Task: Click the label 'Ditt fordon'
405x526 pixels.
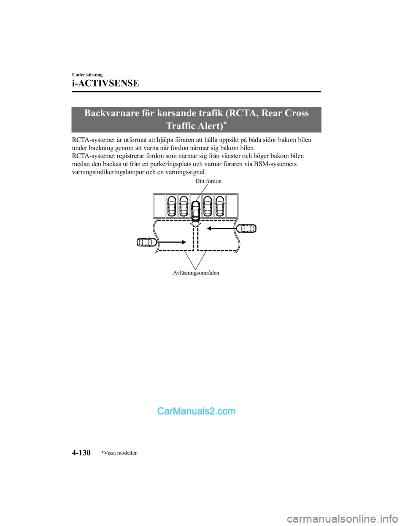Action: click(x=208, y=181)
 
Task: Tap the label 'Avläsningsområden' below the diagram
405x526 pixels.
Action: click(x=196, y=273)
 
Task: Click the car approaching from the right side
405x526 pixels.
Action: click(x=246, y=228)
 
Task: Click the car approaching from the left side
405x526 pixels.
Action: click(x=147, y=242)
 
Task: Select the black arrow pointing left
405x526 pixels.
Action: click(x=221, y=228)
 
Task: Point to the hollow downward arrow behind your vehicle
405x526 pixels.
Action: click(x=195, y=223)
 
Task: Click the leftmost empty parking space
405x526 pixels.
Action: click(x=159, y=206)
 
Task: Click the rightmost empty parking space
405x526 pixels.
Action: click(x=232, y=206)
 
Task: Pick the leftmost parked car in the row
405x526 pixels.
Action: click(x=171, y=206)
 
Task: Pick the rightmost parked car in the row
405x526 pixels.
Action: click(x=220, y=206)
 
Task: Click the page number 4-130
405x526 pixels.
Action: click(x=81, y=452)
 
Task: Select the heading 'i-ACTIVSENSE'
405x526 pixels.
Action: click(x=105, y=83)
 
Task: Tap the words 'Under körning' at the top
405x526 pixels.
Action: click(x=87, y=74)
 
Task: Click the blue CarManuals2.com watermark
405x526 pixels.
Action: click(x=196, y=411)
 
